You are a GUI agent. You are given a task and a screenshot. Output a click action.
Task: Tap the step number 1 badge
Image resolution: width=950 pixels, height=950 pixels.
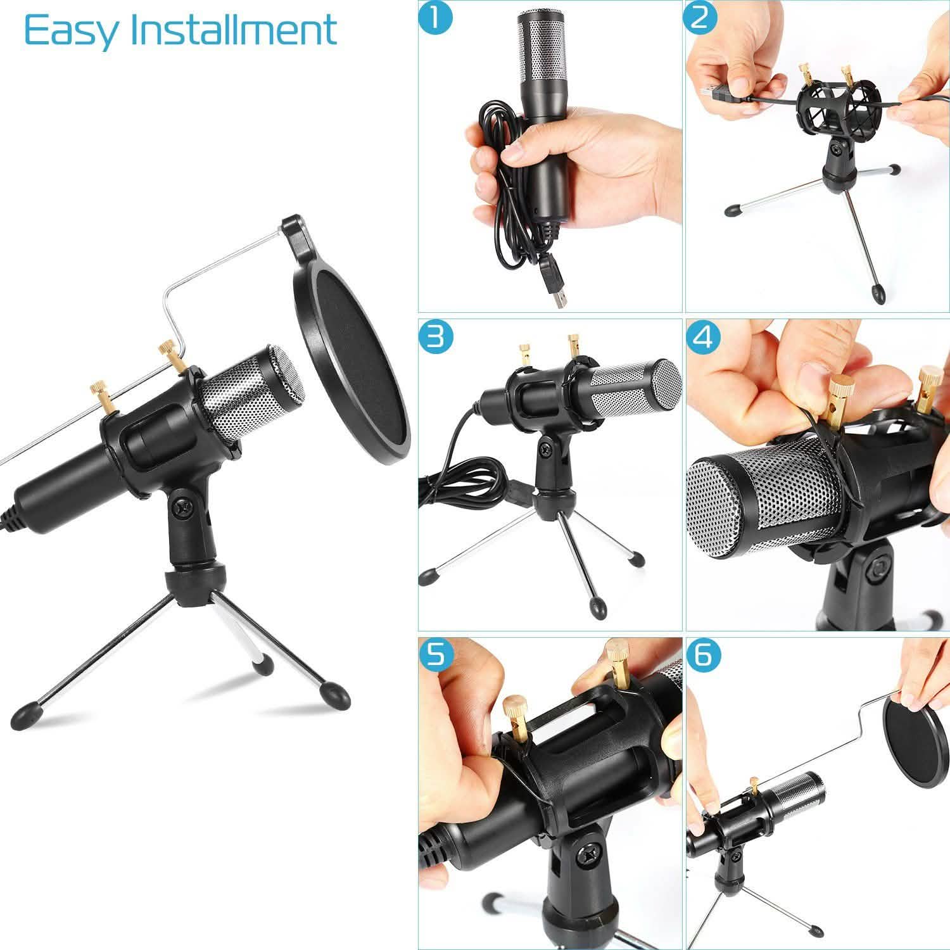pyautogui.click(x=436, y=18)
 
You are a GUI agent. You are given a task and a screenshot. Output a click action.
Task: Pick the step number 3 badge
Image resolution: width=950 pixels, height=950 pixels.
pyautogui.click(x=436, y=336)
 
